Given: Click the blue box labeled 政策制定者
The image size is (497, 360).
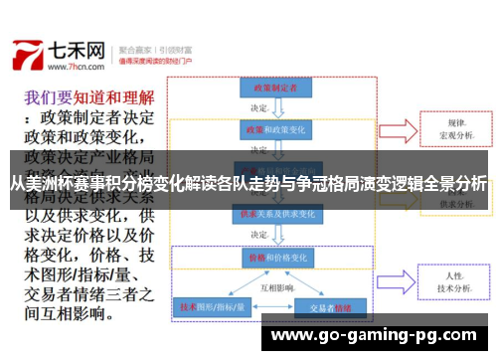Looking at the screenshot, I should pos(268,88).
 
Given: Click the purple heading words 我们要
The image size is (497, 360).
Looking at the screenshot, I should pos(45,98).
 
